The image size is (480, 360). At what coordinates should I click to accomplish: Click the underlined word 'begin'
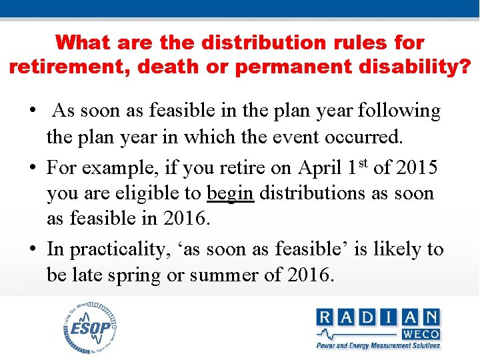click(x=231, y=194)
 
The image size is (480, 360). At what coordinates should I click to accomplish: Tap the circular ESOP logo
click(x=91, y=327)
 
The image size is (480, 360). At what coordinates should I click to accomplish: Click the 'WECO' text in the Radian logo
click(x=419, y=333)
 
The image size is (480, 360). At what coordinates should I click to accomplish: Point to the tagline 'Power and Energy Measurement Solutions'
click(x=378, y=345)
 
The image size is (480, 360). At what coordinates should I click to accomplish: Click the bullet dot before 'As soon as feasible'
click(x=32, y=111)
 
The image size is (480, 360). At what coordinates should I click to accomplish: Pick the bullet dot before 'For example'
click(x=32, y=167)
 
